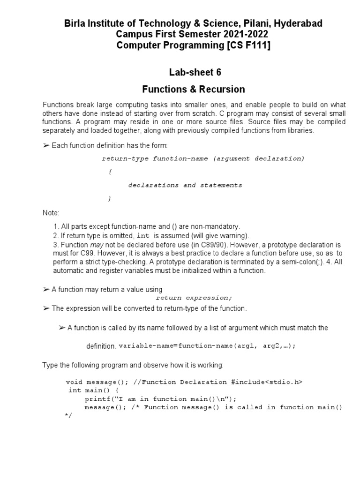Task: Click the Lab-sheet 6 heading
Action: tap(194, 72)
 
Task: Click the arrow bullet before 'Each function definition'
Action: tap(46, 146)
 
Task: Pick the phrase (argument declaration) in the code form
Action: tap(259, 158)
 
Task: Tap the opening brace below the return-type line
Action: tap(110, 172)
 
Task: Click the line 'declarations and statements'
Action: tap(185, 185)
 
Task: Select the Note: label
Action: tap(51, 213)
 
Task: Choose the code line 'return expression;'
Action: tap(194, 298)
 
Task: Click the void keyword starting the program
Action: tap(74, 382)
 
